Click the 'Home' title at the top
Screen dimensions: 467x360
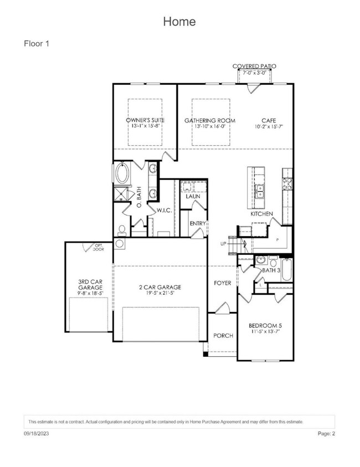tap(179, 22)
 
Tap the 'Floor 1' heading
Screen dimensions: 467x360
tap(37, 43)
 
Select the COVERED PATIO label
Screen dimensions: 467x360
tap(254, 66)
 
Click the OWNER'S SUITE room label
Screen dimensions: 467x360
tap(145, 120)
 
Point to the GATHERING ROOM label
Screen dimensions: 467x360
tap(210, 120)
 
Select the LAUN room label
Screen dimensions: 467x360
tap(193, 197)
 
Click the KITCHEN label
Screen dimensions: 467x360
tap(261, 213)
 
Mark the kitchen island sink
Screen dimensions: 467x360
tap(259, 191)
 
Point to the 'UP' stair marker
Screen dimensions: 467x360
tap(223, 244)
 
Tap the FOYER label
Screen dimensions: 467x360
tap(223, 283)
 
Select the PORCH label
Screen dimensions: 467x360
tap(223, 335)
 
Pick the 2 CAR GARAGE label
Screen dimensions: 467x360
tap(160, 287)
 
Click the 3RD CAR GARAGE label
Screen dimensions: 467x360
tap(90, 285)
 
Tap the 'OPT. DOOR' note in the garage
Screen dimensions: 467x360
tap(99, 247)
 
